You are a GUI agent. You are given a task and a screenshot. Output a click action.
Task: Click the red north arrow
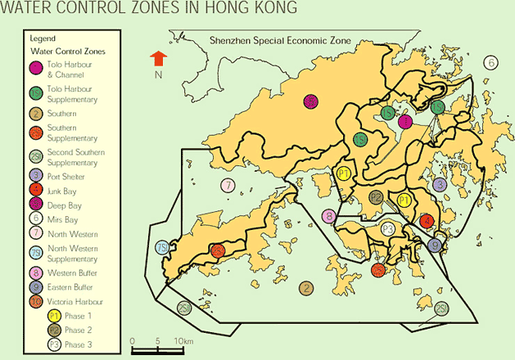159,58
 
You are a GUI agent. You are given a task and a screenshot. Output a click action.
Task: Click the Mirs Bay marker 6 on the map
490,62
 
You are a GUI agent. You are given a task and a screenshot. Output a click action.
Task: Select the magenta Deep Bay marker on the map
310,102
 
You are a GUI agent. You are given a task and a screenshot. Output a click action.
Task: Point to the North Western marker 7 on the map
228,185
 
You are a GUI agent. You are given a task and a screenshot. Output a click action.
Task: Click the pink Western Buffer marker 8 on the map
328,217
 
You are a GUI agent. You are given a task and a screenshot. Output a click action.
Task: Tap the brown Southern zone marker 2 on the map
305,287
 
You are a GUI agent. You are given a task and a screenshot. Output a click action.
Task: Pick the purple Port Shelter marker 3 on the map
440,185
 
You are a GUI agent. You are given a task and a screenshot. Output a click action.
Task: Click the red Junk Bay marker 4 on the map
426,221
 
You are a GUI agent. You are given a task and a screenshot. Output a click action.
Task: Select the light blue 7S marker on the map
162,248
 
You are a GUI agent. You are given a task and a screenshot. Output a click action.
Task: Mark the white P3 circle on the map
388,228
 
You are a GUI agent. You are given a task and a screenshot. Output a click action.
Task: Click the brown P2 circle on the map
375,197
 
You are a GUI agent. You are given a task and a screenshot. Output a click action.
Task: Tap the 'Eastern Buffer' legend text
71,287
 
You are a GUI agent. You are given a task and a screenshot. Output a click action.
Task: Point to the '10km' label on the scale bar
183,340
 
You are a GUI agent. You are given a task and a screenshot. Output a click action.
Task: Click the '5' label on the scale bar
156,340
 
